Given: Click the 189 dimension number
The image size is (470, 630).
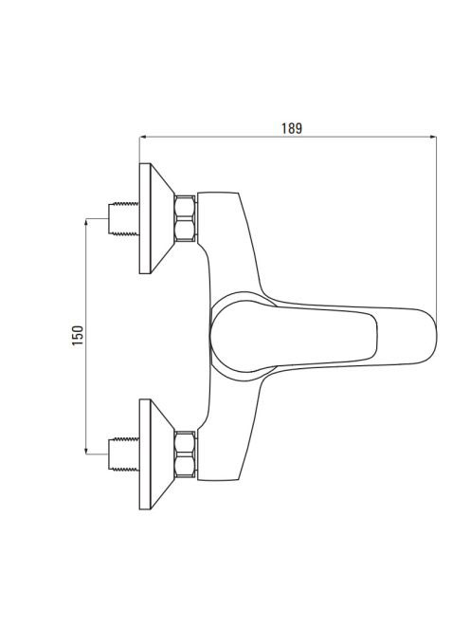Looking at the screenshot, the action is [x=292, y=129].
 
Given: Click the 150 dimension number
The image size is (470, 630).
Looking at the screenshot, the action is [x=78, y=336].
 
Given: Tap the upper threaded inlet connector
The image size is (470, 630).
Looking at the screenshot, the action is [x=124, y=218].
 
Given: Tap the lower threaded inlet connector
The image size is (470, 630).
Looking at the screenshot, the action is [x=124, y=454].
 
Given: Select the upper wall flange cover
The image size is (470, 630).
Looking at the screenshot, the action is [x=156, y=218].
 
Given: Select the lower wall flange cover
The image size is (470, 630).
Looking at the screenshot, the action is [x=156, y=454].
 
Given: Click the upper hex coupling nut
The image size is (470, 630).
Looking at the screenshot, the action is [x=186, y=218].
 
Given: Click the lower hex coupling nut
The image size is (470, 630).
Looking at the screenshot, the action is [x=186, y=454].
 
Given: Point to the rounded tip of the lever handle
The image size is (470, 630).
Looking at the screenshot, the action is [x=434, y=337].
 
